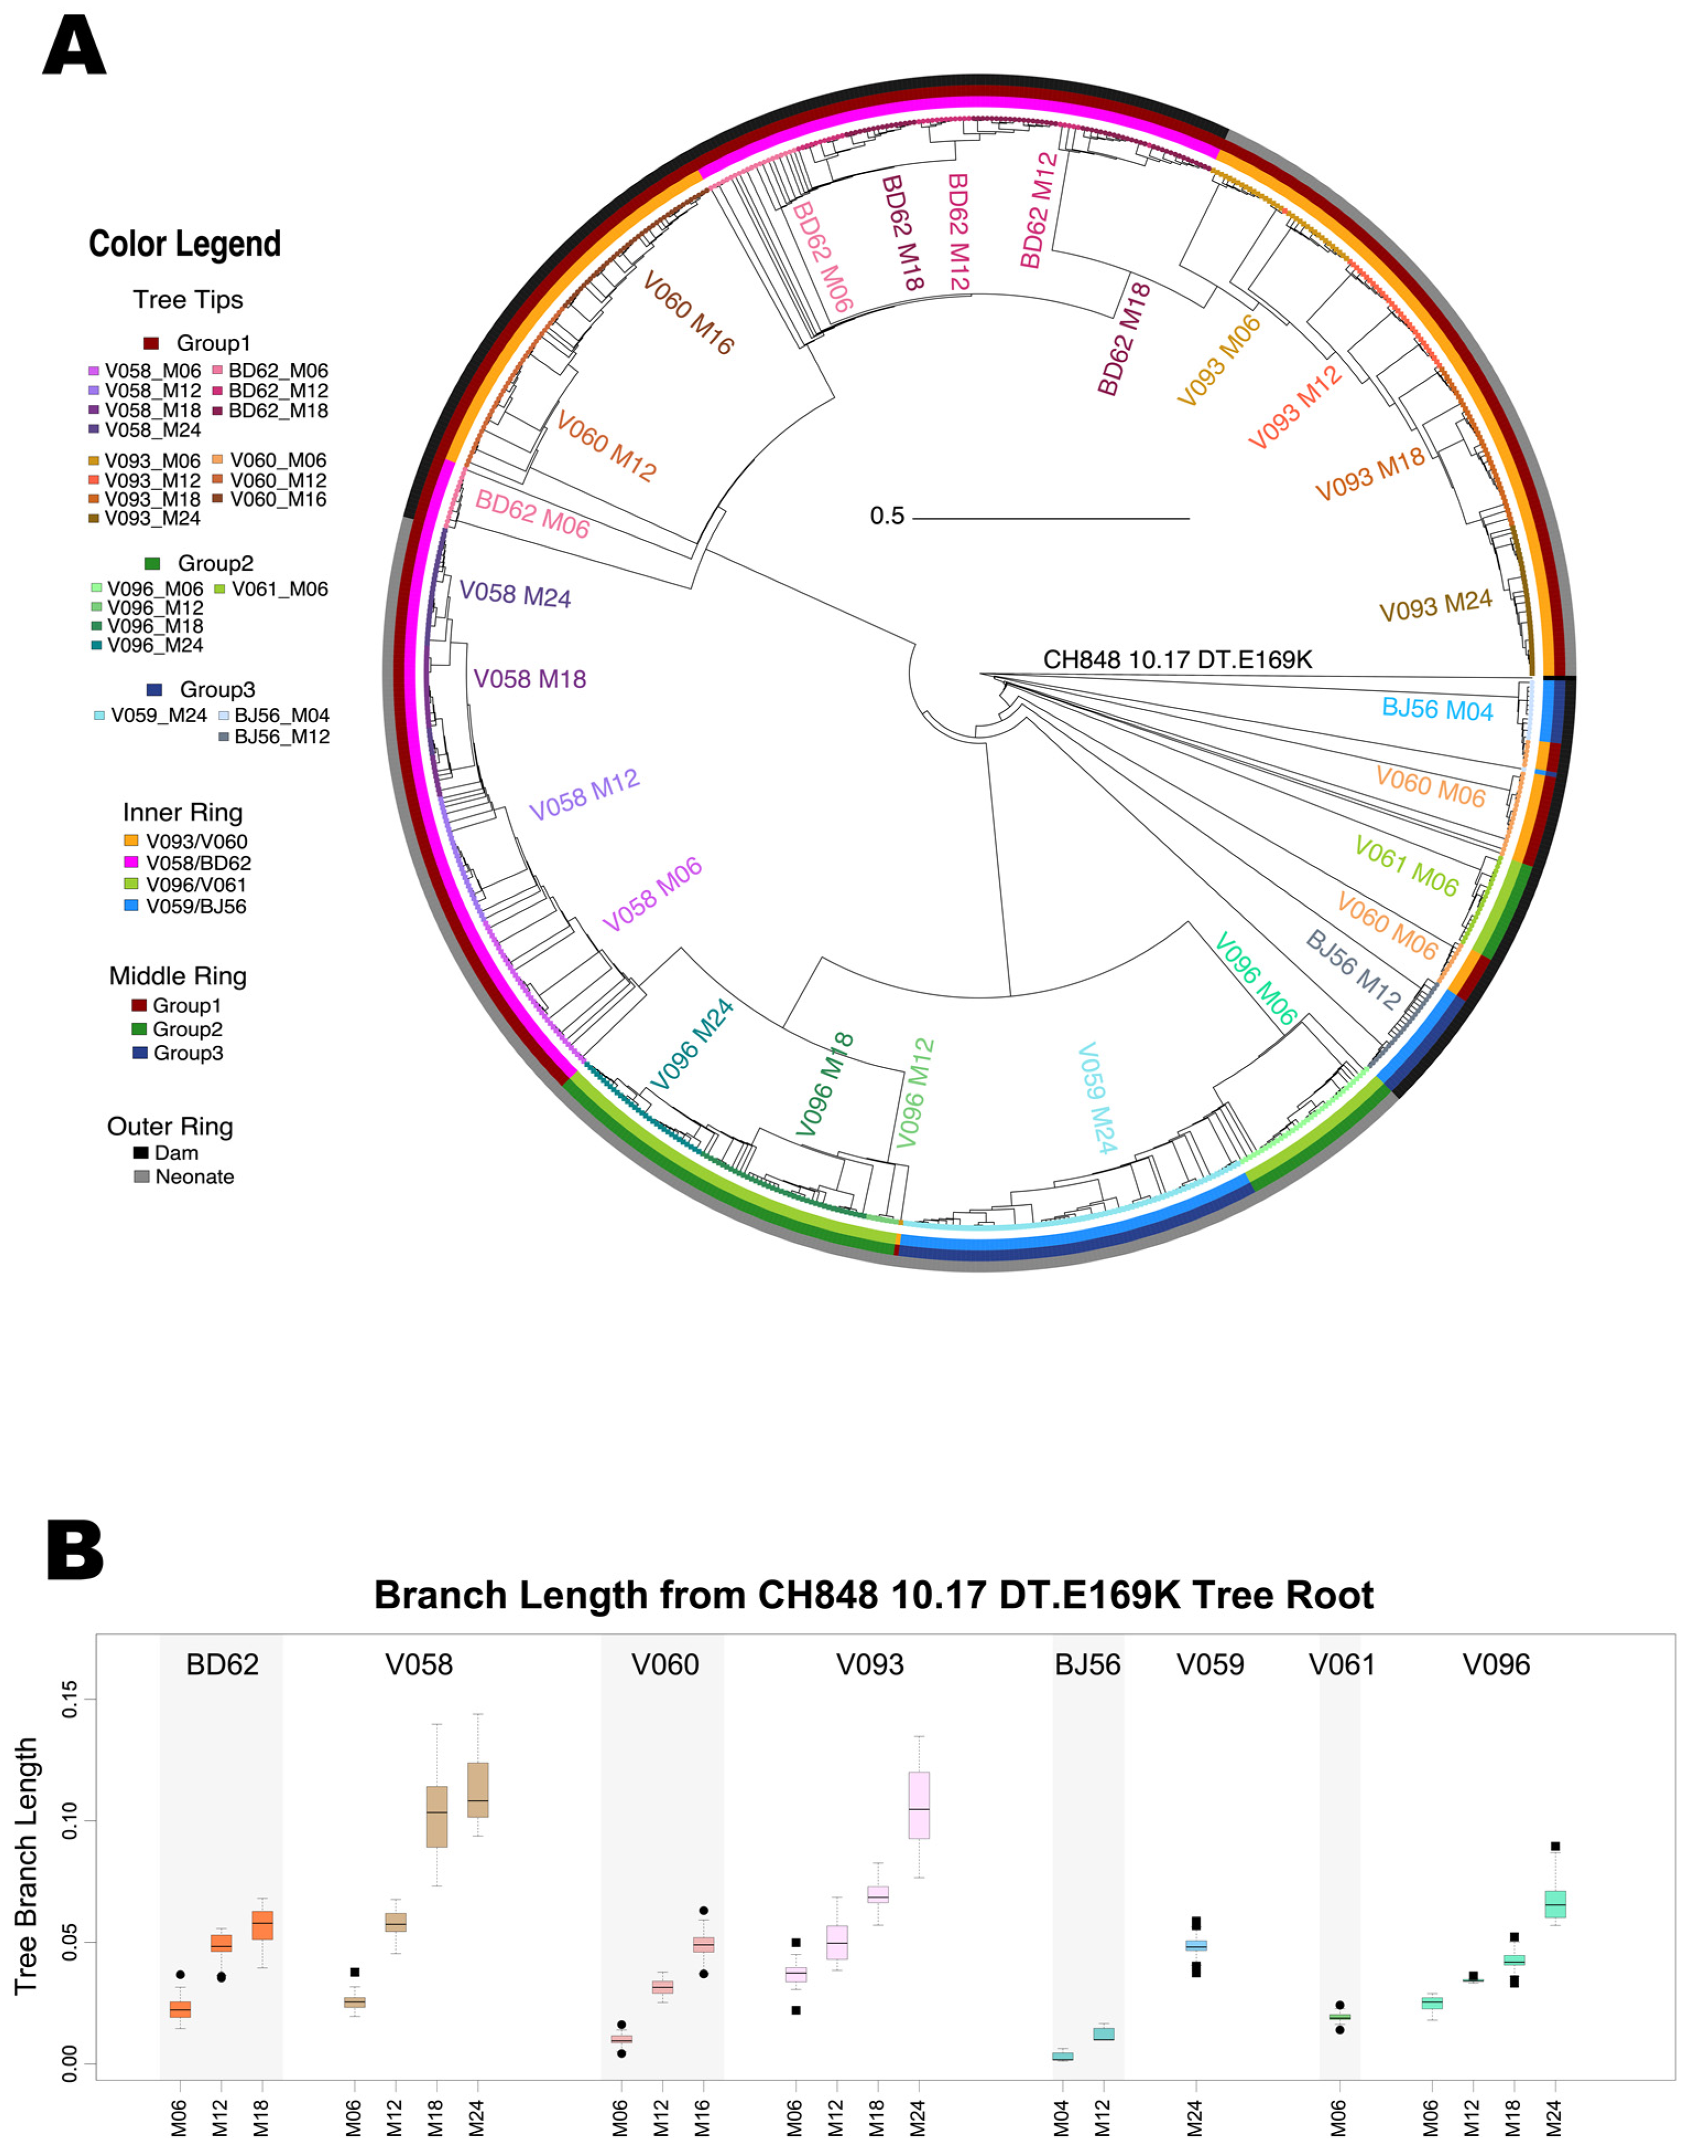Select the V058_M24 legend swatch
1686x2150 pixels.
pos(94,430)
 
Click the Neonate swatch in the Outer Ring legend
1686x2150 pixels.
pos(141,1176)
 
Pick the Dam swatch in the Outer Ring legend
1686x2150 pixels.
pos(141,1152)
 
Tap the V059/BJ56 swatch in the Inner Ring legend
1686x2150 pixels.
pos(131,906)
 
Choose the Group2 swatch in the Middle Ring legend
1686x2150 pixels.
pos(139,1029)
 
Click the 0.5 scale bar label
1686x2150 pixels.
pos(886,516)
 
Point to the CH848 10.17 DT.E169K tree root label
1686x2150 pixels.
pos(1177,660)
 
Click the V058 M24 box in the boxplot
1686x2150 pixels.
pos(478,1790)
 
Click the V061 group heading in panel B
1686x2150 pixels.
pos(1341,1664)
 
